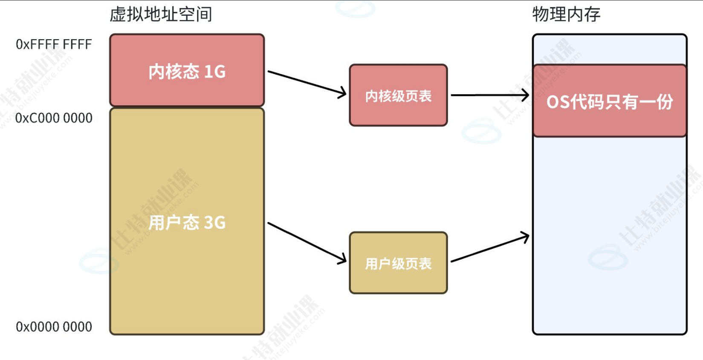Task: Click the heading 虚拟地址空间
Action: click(x=161, y=14)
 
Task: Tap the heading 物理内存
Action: click(x=566, y=14)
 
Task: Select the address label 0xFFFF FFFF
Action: click(x=54, y=44)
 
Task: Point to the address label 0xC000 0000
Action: click(x=54, y=118)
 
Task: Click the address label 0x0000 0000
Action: click(x=54, y=327)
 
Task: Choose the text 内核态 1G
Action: click(x=187, y=72)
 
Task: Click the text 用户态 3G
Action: click(x=187, y=222)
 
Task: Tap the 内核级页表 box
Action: click(x=398, y=95)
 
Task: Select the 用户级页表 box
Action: click(x=398, y=263)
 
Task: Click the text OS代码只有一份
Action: click(x=610, y=102)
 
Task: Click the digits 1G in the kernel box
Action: click(x=215, y=72)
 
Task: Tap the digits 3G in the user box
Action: click(x=215, y=222)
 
